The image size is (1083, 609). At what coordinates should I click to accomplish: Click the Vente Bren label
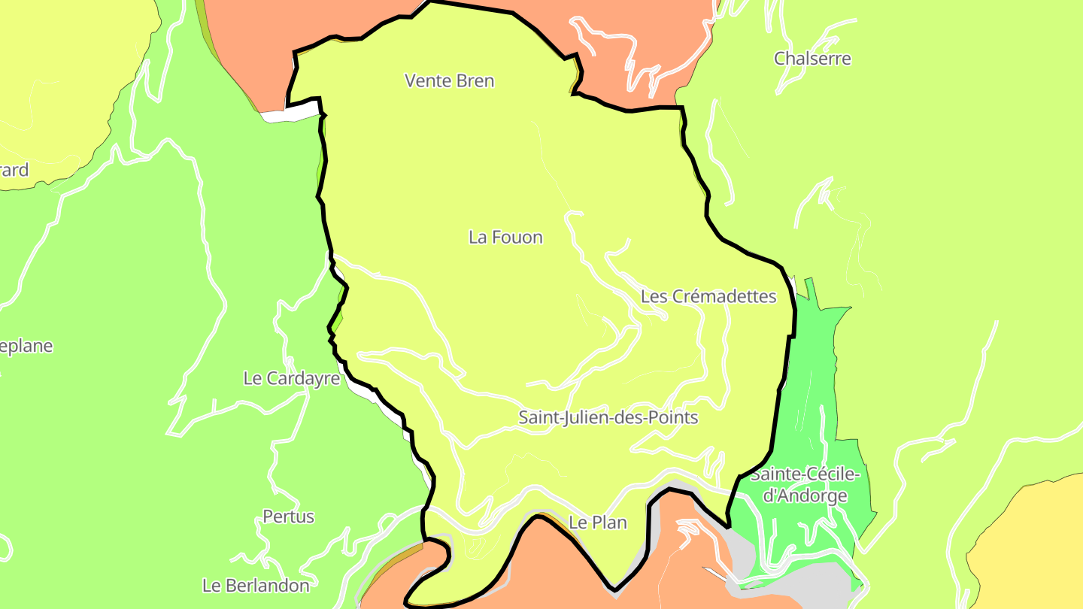coord(450,80)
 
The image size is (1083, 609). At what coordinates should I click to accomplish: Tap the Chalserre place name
coord(812,58)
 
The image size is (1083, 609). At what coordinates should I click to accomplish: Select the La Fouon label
coord(505,238)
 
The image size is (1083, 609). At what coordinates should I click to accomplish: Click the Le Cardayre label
coord(291,378)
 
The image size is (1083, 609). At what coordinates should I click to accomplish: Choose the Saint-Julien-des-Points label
coord(608,417)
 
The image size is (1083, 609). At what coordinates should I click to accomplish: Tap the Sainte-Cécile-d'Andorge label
coord(805,485)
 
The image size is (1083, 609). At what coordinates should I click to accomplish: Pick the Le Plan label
coord(598,523)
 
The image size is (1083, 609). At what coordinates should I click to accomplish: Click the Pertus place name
coord(288,517)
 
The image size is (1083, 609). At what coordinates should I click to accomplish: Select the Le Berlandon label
coord(256,585)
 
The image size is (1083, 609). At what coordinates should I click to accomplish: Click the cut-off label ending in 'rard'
coord(14,170)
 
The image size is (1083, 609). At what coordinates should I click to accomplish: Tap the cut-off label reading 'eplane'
coord(26,347)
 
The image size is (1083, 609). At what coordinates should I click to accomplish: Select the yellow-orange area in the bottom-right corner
coord(1030,549)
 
